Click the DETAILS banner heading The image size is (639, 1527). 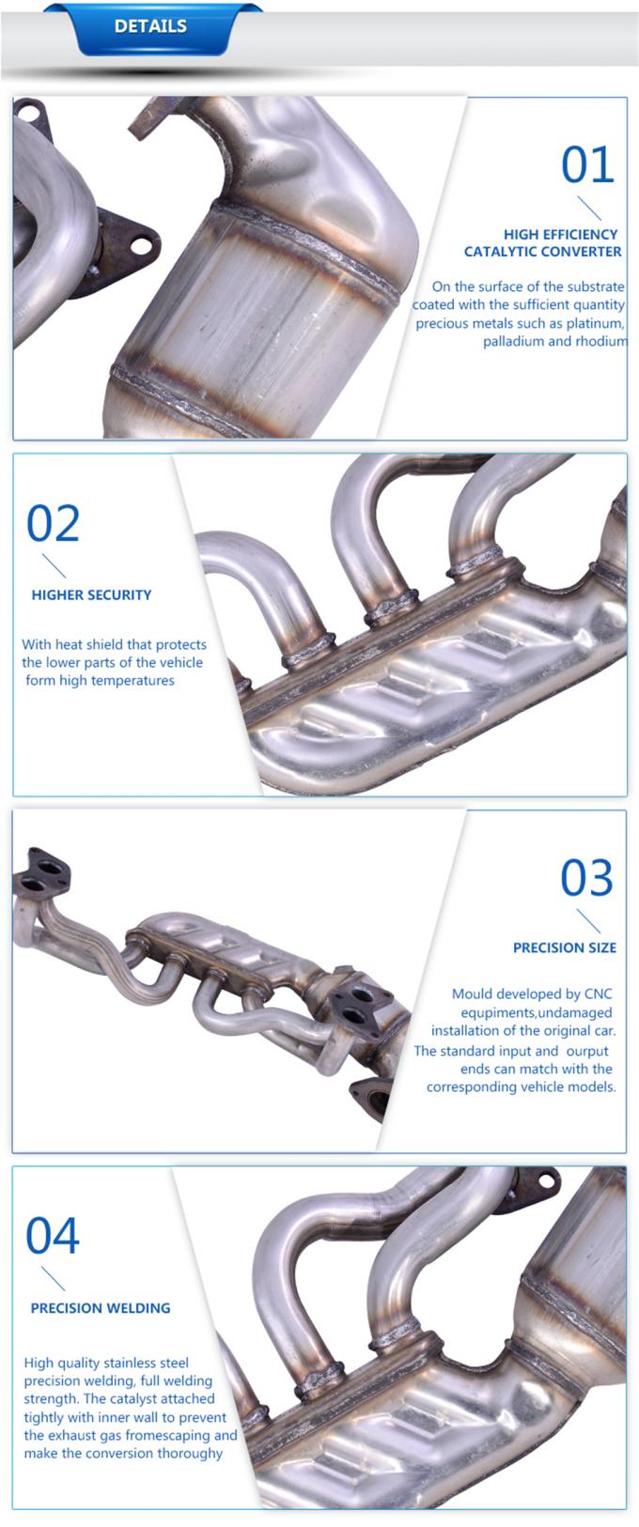[x=150, y=26]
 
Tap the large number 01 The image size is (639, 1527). [x=587, y=165]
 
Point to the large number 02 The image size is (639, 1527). [x=53, y=524]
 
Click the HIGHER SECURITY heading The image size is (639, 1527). [x=91, y=595]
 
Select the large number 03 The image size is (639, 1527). [x=586, y=879]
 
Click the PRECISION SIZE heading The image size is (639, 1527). [x=564, y=949]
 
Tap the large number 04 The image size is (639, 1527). [x=53, y=1237]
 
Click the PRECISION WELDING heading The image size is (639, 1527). [x=101, y=1308]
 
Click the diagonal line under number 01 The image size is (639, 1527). [x=589, y=208]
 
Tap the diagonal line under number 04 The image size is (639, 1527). [x=54, y=1279]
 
